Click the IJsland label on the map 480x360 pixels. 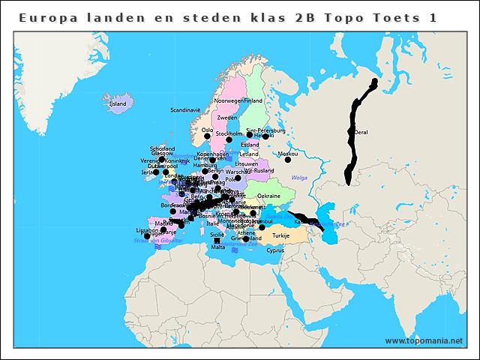(118, 104)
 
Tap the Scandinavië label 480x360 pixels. (185, 109)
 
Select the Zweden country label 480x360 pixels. (227, 118)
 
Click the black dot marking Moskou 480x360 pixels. (287, 160)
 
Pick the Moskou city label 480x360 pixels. (288, 154)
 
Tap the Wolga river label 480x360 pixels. (299, 178)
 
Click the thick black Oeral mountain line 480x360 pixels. (352, 135)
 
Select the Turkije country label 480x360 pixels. (280, 235)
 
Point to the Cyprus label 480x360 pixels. (275, 250)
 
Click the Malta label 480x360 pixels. (217, 247)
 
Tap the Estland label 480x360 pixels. (250, 145)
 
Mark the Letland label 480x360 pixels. (249, 154)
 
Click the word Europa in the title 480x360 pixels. (46, 16)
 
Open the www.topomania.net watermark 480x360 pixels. (424, 340)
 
